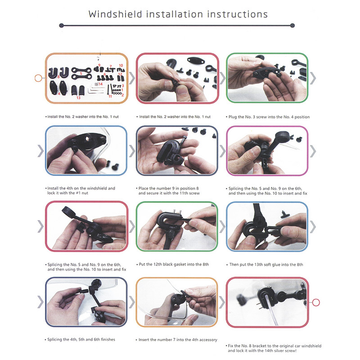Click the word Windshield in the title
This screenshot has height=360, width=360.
coord(116,14)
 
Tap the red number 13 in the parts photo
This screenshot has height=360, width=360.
coord(78,98)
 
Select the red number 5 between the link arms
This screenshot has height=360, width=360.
coord(81,73)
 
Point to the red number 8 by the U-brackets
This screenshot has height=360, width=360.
coord(58,76)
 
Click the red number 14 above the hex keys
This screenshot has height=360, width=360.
coord(100,84)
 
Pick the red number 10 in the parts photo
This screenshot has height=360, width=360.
coord(121,65)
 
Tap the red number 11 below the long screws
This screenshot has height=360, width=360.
coord(110,96)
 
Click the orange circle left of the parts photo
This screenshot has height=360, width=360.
coord(38,78)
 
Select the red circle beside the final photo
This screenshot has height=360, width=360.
coord(316,302)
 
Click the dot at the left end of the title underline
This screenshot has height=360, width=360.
coord(61,26)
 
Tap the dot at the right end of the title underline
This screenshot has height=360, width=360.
coord(292,26)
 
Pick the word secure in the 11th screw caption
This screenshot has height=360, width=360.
coord(153,193)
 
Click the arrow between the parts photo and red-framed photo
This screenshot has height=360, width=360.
coord(132,78)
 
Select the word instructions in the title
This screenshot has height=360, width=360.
coord(238,14)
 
